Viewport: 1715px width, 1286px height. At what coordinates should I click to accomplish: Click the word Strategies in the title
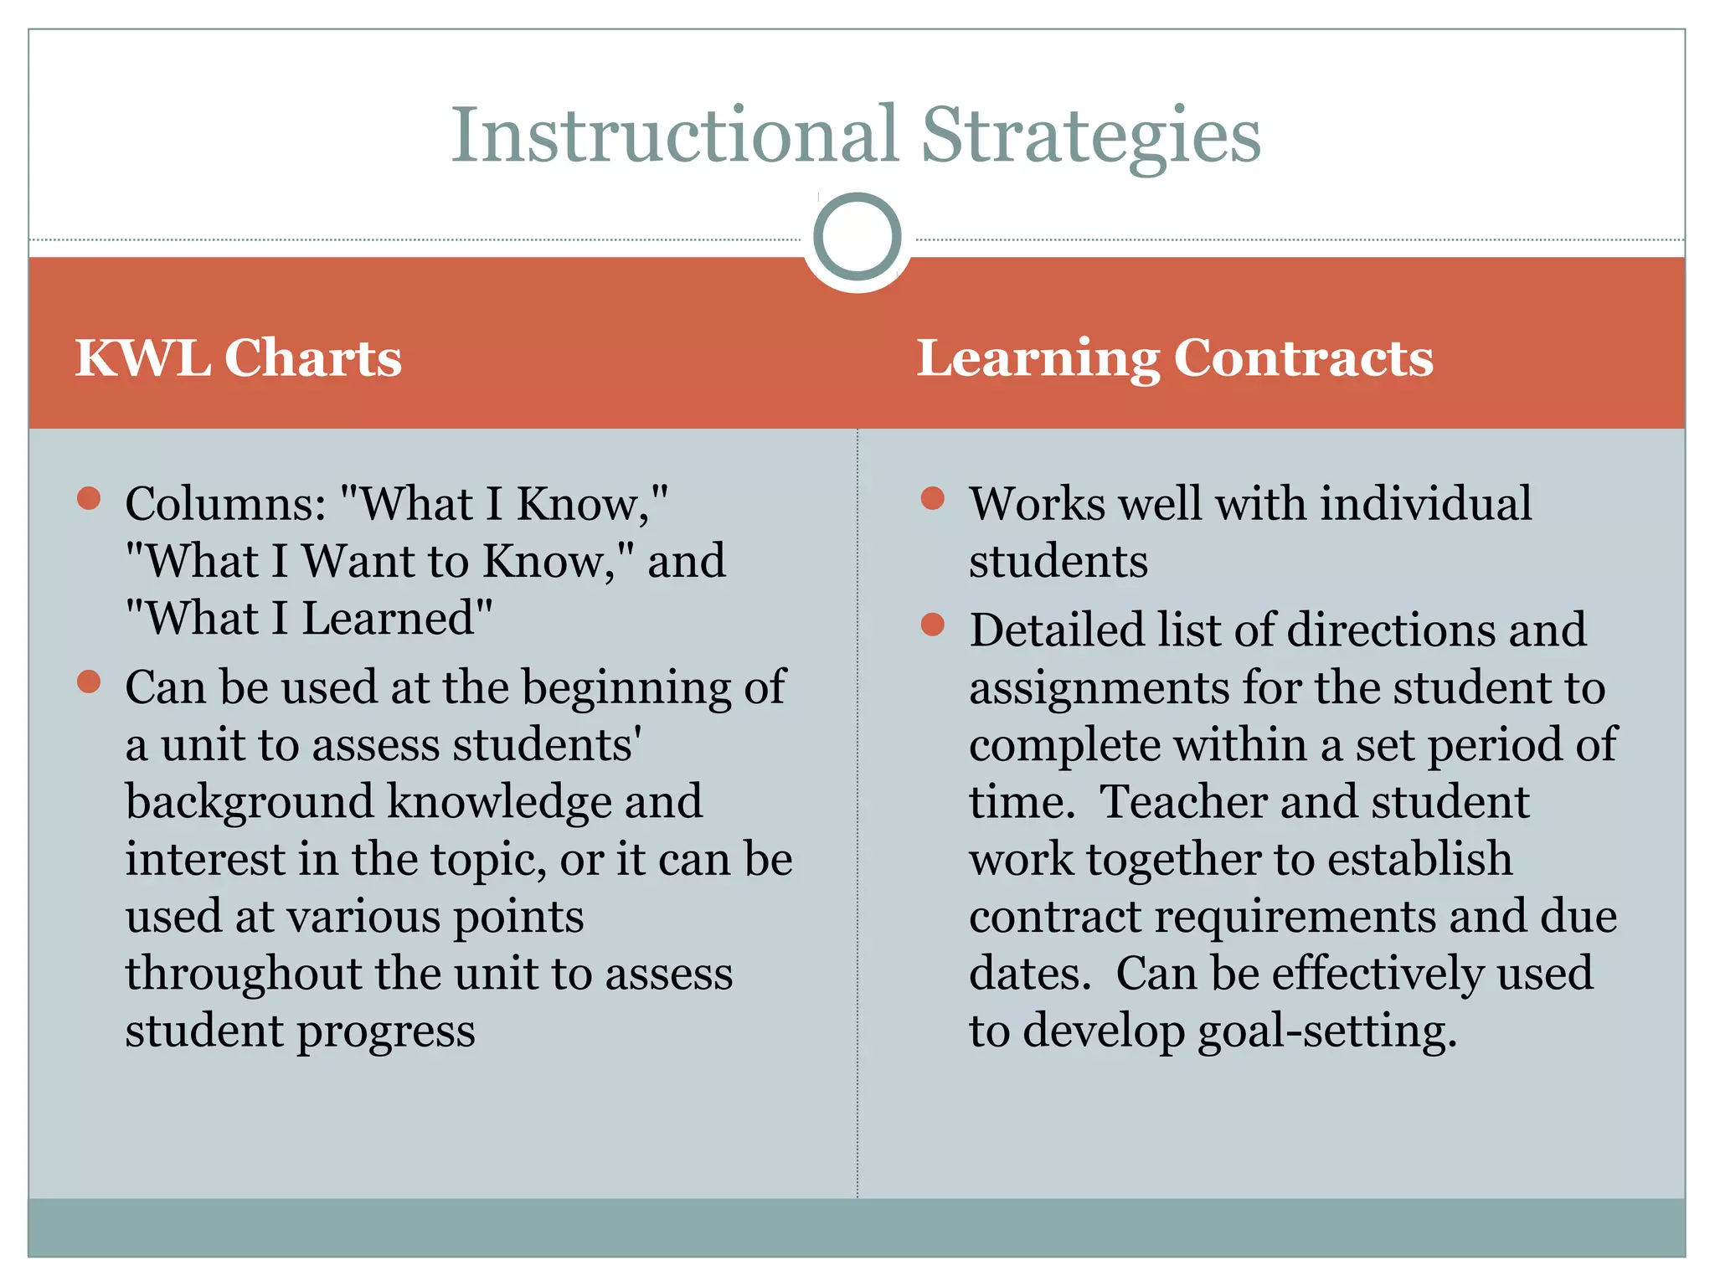1090,136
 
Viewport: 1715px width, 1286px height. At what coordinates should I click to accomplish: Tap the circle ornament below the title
857,237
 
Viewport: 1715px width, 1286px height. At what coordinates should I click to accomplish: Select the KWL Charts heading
239,358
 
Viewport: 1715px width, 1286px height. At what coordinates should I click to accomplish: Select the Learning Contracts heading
1175,358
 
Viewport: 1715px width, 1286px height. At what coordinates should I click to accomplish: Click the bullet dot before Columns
89,499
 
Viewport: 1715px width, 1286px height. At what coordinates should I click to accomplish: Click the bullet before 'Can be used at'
89,682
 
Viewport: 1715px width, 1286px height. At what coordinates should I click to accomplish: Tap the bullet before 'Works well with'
932,499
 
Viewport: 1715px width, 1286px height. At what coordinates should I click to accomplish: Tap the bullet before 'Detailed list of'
932,625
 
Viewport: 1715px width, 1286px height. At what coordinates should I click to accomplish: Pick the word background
249,802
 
